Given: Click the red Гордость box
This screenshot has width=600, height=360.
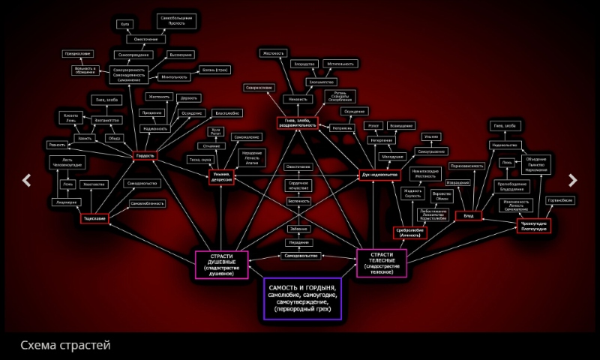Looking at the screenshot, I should pyautogui.click(x=145, y=156).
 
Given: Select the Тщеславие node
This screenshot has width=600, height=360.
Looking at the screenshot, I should pyautogui.click(x=94, y=218).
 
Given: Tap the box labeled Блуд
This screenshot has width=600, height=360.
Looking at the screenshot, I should pyautogui.click(x=467, y=216).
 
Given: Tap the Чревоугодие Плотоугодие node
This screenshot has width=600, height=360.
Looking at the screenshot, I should pyautogui.click(x=535, y=226).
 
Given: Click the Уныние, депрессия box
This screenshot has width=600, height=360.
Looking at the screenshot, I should pyautogui.click(x=222, y=176).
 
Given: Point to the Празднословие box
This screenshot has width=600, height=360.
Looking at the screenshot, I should pyautogui.click(x=78, y=53).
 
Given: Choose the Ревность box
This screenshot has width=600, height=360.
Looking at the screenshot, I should pyautogui.click(x=57, y=144).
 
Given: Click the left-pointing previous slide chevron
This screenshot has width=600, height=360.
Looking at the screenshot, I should pyautogui.click(x=26, y=180).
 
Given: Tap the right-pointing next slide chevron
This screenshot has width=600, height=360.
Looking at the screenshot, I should pyautogui.click(x=573, y=180).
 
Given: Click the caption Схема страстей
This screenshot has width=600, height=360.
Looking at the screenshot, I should pyautogui.click(x=65, y=345).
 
